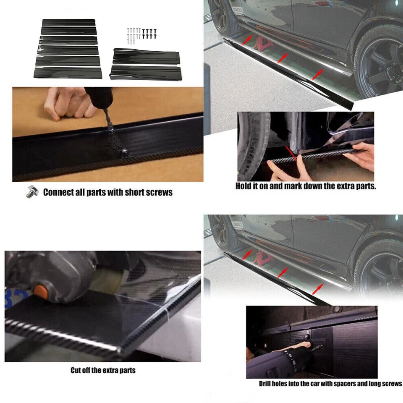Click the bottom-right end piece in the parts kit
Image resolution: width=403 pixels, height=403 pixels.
pos(145,71)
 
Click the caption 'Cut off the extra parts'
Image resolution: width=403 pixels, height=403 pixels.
pos(103,371)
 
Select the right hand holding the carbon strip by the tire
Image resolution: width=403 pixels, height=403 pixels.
pos(362,156)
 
